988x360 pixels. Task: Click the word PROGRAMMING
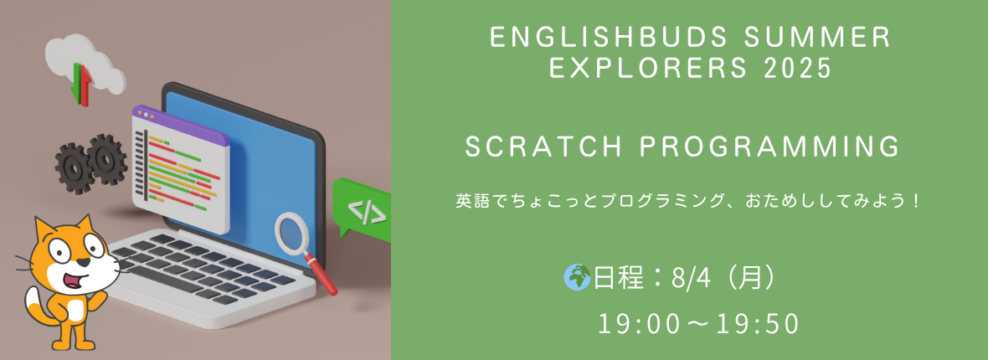[769, 147]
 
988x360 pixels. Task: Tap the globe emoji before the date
[577, 277]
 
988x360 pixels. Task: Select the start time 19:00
[638, 324]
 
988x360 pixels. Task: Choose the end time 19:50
[759, 324]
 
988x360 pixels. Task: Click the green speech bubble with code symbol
[361, 208]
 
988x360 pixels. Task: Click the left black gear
[75, 168]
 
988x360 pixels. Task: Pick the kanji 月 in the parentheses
[748, 278]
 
